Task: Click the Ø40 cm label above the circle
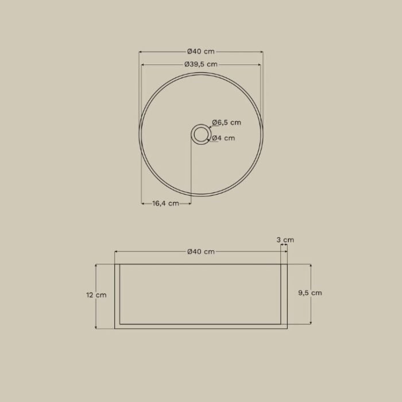tap(201, 52)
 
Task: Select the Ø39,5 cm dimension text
tap(201, 64)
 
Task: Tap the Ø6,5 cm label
tap(227, 122)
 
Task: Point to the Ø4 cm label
tap(223, 138)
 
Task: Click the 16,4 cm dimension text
tap(165, 203)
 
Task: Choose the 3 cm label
tap(285, 240)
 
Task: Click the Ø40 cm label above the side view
tap(201, 252)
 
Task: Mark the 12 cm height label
tap(96, 295)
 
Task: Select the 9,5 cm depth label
tap(310, 293)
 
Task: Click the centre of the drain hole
tap(201, 134)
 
